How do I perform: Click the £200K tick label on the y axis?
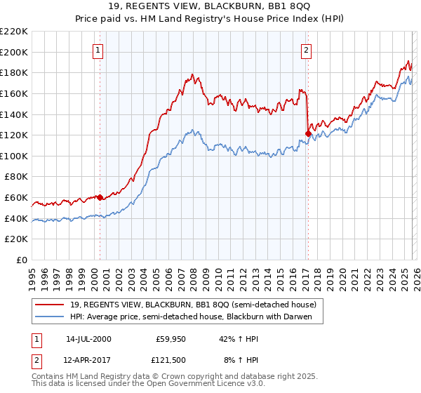tap(14, 52)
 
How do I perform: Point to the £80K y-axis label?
tap(16, 177)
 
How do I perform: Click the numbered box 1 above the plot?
tap(98, 50)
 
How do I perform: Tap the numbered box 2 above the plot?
tap(307, 50)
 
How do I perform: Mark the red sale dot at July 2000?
tap(100, 197)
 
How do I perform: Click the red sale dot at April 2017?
tap(308, 133)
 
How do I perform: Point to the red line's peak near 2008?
tap(192, 74)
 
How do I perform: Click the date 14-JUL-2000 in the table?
tap(88, 338)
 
